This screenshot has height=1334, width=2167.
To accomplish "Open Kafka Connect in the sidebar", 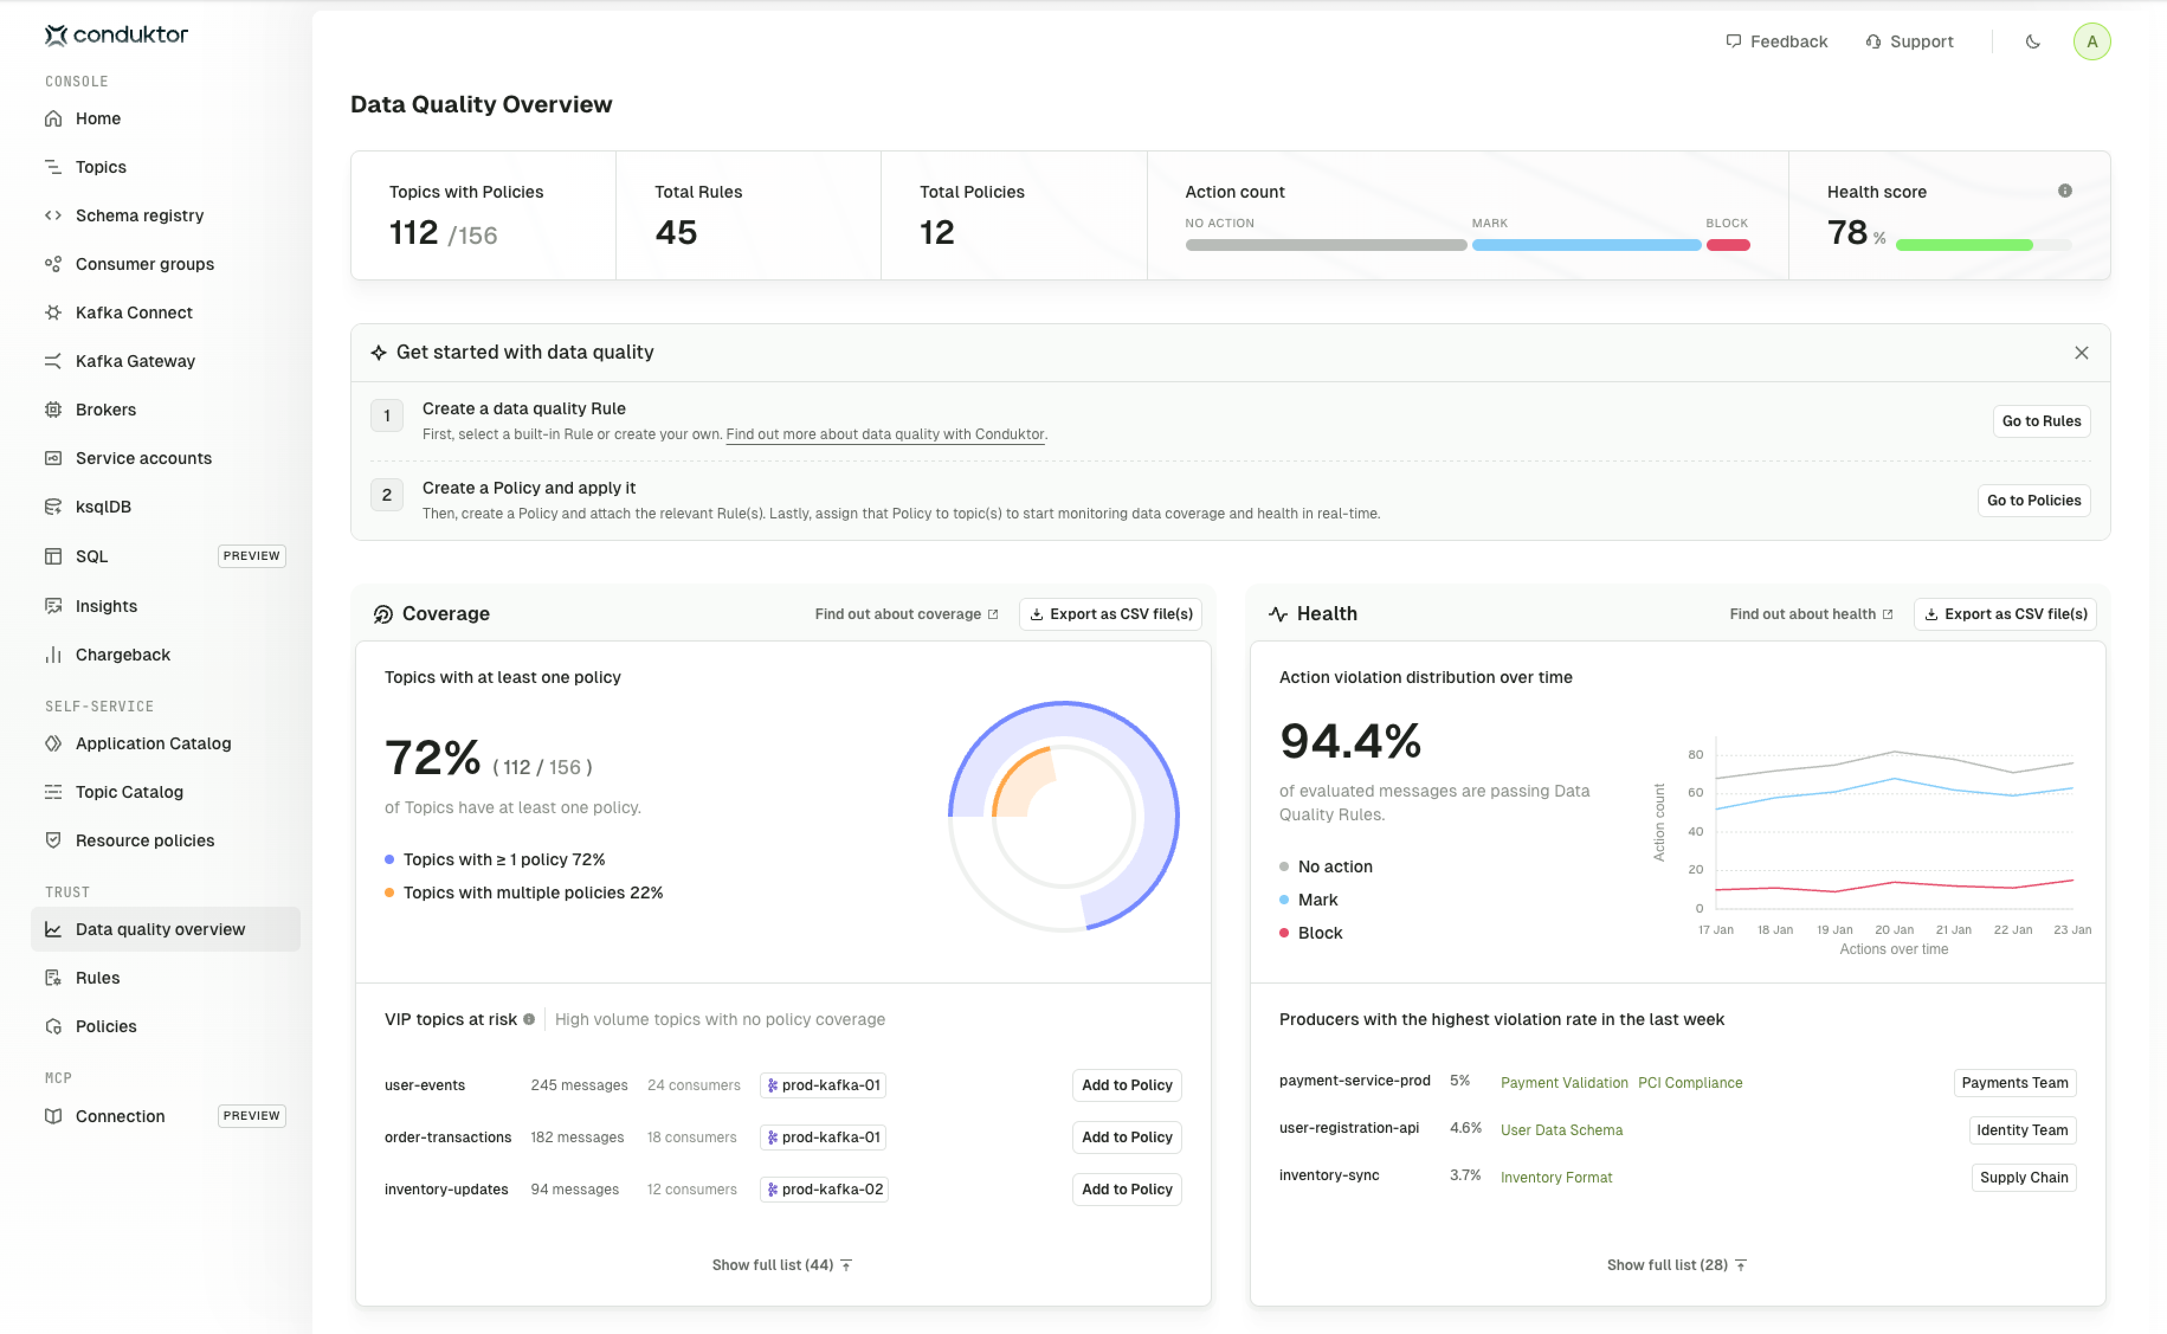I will (x=133, y=312).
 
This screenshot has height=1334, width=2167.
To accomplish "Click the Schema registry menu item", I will (x=138, y=215).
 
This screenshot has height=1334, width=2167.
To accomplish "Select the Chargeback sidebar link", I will (x=122, y=655).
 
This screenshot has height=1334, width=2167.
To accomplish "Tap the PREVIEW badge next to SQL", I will (x=251, y=556).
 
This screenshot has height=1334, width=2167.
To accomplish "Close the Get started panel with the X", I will (x=2081, y=353).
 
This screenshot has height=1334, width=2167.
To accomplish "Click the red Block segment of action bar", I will (x=1727, y=245).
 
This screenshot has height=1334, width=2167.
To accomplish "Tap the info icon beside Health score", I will (x=2064, y=191).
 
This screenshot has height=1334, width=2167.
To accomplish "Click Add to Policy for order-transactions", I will (x=1126, y=1138).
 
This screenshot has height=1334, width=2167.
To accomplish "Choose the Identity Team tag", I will (x=2021, y=1130).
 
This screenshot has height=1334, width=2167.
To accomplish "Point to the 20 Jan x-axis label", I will (x=1894, y=930).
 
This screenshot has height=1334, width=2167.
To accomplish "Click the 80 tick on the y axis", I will (x=1694, y=755).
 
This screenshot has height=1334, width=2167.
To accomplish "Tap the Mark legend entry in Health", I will (x=1317, y=900).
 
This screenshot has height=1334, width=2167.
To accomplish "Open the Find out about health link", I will (x=1810, y=614).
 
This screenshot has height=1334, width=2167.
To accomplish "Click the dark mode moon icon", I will (x=2032, y=41).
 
